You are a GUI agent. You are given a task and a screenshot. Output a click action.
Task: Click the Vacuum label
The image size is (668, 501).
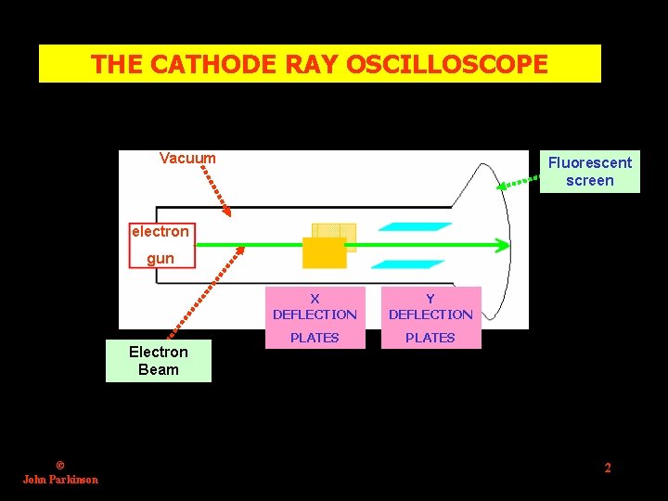187,159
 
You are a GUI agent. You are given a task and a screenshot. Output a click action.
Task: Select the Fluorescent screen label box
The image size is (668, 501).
589,172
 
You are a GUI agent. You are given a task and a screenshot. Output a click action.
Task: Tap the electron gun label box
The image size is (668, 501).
161,244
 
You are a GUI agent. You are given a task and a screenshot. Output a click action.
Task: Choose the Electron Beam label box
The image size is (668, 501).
158,361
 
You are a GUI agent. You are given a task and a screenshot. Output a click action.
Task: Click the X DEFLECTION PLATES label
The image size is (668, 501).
315,317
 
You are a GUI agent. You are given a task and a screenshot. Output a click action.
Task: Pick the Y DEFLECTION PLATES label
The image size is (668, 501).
430,317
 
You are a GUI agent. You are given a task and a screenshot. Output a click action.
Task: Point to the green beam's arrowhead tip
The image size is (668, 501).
507,245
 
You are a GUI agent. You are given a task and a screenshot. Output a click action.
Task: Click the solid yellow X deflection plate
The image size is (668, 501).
324,252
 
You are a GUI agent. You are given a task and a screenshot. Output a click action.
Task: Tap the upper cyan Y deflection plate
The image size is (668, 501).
415,226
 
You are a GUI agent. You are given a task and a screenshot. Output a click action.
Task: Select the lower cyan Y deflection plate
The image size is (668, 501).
415,264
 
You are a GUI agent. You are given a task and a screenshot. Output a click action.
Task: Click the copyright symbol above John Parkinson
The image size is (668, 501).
60,466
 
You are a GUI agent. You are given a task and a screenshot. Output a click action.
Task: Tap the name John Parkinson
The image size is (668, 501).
60,480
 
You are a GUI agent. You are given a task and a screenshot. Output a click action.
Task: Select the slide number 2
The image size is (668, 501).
608,468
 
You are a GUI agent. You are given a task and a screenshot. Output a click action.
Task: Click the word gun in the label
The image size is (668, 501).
161,259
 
